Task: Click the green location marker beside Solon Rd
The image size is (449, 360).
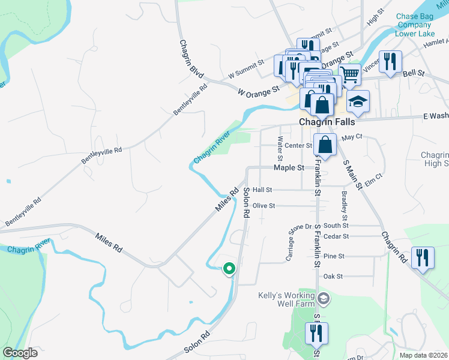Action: click(229, 269)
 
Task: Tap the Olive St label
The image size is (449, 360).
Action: click(264, 206)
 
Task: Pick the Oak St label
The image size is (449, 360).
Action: click(333, 277)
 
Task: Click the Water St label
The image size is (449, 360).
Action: click(280, 147)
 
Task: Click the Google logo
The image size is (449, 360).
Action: click(20, 352)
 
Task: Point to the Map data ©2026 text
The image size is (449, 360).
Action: click(424, 355)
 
